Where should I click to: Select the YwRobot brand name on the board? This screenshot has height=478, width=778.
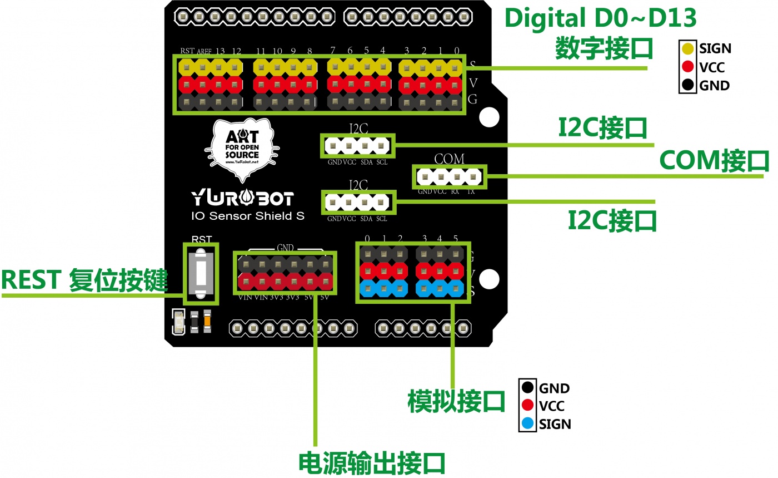[242, 198]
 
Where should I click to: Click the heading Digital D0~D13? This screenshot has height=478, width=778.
[600, 19]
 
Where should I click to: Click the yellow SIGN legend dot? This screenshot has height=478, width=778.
[689, 48]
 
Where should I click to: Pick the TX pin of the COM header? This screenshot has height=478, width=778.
[473, 178]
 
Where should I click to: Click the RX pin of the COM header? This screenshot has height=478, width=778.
[456, 178]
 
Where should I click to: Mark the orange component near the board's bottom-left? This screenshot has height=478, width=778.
[207, 321]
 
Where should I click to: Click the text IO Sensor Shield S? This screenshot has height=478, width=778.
[248, 216]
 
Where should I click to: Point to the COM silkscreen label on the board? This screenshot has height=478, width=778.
[449, 159]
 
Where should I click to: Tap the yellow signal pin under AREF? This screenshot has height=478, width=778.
[203, 68]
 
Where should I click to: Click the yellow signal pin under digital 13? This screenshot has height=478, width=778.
[220, 68]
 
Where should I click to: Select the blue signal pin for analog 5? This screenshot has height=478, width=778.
[456, 288]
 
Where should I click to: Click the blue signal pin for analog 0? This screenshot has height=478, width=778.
[367, 288]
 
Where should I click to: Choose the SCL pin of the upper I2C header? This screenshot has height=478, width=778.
[381, 146]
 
